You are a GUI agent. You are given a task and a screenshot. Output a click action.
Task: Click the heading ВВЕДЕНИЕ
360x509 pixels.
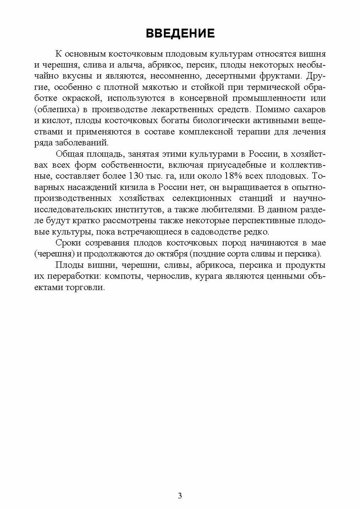pos(180,33)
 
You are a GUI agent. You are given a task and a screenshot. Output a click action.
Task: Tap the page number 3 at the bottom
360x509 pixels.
pos(180,496)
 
